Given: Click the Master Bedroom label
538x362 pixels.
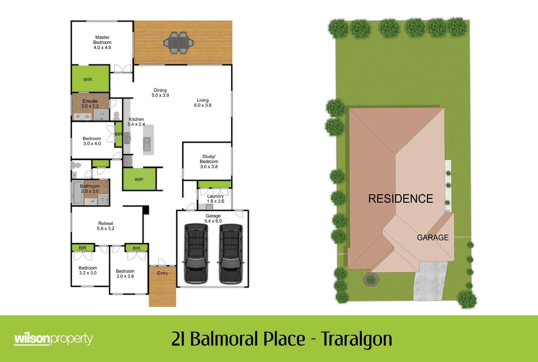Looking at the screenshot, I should (102, 42).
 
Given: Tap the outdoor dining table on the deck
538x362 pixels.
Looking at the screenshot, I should (179, 43).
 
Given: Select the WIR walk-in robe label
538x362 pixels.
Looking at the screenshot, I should (87, 80).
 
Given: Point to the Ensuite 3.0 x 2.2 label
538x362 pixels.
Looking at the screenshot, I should (90, 104).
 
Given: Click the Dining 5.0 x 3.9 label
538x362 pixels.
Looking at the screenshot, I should (160, 93).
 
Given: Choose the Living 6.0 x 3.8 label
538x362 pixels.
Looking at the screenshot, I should (202, 103).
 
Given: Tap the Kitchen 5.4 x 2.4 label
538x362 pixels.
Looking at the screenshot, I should (136, 122).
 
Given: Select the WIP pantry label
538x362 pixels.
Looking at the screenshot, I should (139, 180).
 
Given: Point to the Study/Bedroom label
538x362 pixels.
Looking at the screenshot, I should (209, 161).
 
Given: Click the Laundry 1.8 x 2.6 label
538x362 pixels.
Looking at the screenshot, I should (215, 199).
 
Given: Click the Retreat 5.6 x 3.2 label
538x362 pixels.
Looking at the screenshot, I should (106, 226).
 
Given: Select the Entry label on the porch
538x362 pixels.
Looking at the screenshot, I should (162, 273).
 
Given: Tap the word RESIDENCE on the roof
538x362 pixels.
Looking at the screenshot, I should (400, 199).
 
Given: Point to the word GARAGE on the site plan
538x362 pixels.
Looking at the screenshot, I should (433, 238).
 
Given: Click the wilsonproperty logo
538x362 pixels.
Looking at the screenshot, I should (53, 339).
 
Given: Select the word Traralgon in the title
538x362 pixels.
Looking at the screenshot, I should (356, 339).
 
